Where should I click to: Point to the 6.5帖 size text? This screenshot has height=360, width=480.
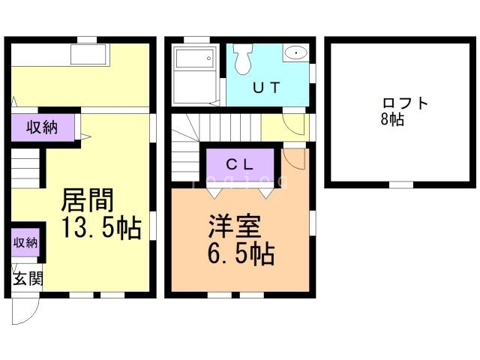pos(239,254)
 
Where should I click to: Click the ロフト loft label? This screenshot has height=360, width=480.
pos(406,103)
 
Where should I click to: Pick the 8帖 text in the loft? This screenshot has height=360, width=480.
pos(391,120)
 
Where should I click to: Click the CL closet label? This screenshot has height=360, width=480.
pos(240,163)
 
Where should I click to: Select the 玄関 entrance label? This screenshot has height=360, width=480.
pos(28,279)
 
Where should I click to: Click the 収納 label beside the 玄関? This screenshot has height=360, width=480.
pos(25,242)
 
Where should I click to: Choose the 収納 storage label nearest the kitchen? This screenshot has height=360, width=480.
pos(42,127)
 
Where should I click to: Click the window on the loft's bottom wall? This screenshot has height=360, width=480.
pos(401,184)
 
